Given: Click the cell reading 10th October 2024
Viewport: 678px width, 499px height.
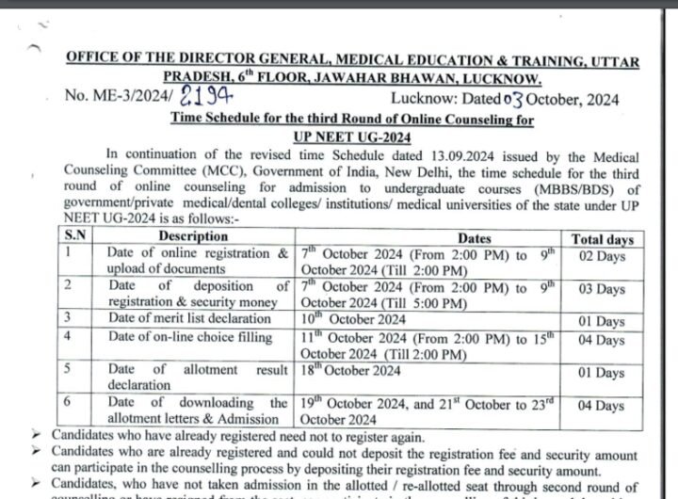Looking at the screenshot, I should (339, 319).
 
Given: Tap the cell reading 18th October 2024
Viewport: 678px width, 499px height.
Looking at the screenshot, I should (339, 372).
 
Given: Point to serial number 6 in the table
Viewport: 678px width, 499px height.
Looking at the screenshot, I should (68, 401).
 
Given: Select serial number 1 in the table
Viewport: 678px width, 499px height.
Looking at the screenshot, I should (68, 253).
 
